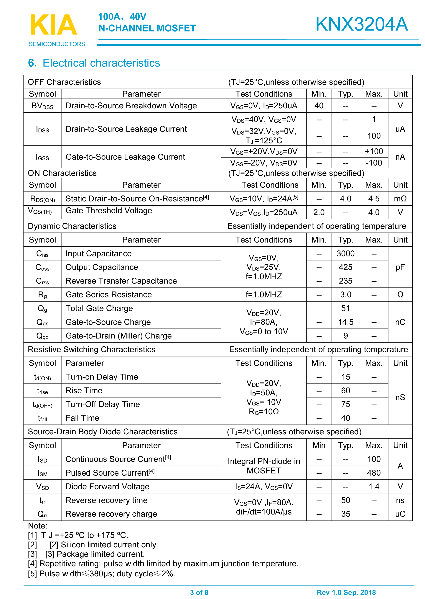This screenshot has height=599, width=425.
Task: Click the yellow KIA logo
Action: (54, 25)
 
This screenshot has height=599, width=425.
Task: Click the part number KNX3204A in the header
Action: (361, 24)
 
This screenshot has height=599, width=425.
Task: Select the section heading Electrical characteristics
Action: (101, 63)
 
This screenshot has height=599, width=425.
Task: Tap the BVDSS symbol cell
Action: (42, 106)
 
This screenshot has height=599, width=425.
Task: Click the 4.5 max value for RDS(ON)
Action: (374, 199)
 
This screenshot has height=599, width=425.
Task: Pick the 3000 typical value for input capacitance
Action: (345, 253)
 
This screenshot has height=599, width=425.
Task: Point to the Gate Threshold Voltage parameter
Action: (109, 211)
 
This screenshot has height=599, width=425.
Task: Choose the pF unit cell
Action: (400, 267)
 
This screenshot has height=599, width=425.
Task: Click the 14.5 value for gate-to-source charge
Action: (345, 322)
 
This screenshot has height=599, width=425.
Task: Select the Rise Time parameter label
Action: (84, 390)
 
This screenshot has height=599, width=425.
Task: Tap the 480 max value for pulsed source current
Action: (374, 473)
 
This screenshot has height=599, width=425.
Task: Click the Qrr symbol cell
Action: (42, 514)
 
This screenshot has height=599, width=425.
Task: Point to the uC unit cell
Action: (400, 514)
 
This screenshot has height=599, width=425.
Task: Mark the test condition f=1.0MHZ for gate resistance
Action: (263, 295)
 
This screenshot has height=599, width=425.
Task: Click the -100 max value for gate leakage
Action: (374, 163)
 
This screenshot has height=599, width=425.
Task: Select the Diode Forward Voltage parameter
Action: (107, 487)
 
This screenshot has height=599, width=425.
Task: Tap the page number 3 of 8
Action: (199, 592)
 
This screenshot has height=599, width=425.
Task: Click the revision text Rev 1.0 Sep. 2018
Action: (346, 592)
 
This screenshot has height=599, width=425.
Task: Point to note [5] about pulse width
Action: (102, 574)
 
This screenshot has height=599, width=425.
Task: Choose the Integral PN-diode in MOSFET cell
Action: (263, 466)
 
